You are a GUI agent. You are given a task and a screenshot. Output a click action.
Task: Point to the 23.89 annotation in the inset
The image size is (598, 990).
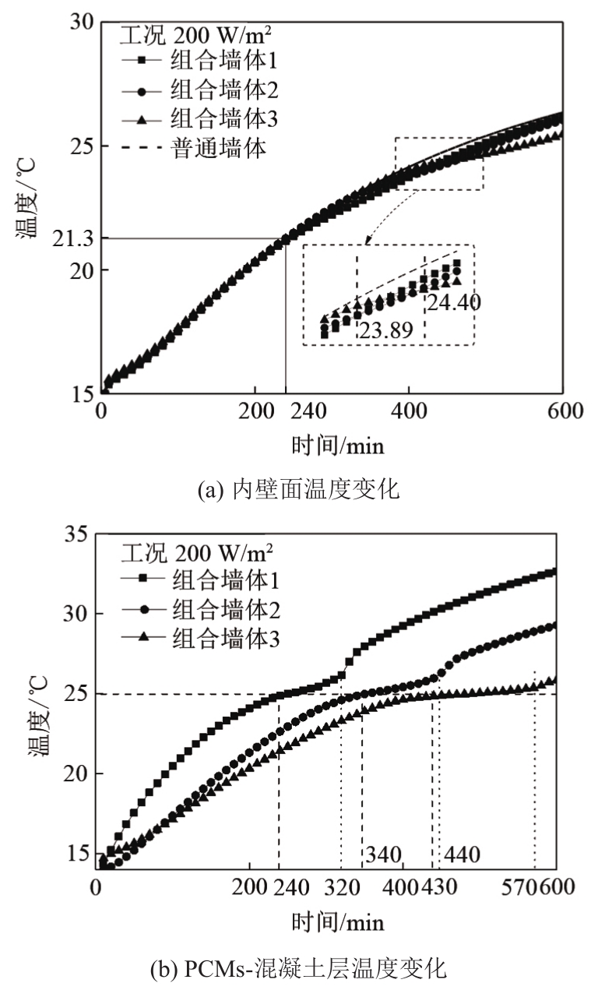(385, 329)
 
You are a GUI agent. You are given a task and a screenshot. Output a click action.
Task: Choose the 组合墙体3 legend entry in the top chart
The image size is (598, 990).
(223, 119)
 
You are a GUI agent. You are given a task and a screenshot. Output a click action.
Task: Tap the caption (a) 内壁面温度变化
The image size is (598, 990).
(299, 490)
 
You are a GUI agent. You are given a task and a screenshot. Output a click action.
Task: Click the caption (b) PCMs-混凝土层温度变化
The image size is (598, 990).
(298, 970)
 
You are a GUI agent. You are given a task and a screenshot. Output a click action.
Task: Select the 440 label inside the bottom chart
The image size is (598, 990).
(461, 855)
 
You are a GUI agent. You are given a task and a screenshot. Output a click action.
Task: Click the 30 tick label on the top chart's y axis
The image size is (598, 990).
(77, 23)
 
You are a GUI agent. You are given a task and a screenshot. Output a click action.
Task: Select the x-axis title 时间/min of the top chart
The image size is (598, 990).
(338, 446)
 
